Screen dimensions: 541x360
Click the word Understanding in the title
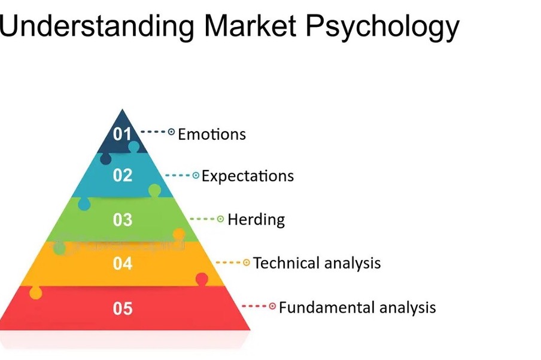96,26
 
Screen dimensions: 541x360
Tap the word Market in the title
251,25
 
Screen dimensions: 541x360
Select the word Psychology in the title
382,28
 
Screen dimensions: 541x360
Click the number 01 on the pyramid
123,134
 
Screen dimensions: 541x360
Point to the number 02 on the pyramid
123,175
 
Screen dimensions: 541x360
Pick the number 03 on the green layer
123,219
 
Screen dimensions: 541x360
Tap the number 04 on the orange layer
123,264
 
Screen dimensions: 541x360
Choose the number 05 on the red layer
123,309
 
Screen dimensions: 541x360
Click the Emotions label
212,134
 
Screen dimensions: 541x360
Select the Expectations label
248,176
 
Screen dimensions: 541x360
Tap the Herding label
256,220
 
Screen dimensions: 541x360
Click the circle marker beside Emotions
171,132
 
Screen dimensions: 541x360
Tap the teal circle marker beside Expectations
196,176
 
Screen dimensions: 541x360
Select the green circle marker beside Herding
220,219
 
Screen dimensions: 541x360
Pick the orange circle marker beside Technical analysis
247,263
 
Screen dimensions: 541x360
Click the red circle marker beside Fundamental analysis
272,306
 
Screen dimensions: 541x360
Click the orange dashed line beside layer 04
228,263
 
